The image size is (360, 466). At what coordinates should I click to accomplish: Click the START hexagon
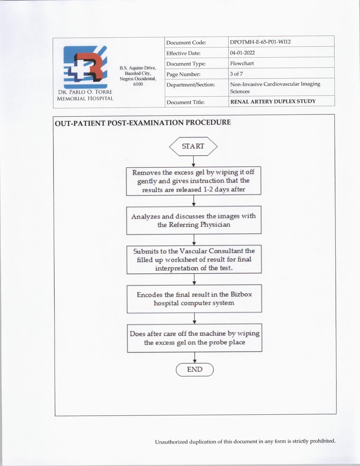[193, 146]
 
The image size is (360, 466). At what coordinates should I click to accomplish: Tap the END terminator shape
[195, 369]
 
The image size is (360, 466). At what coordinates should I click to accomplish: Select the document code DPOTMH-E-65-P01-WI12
[260, 42]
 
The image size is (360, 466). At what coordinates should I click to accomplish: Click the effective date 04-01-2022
[242, 53]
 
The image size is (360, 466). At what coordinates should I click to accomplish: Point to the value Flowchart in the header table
[242, 63]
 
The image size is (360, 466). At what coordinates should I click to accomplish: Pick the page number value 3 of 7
[236, 74]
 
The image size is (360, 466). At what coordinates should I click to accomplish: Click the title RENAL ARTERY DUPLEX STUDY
[273, 101]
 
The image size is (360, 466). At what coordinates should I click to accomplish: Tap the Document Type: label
[186, 64]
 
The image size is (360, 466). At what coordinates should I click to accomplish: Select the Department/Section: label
[191, 85]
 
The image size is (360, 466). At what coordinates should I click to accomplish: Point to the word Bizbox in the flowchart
[241, 294]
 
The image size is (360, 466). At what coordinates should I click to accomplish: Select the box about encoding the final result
[194, 299]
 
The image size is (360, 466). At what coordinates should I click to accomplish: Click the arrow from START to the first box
[193, 161]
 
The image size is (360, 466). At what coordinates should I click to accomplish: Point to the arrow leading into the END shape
[195, 357]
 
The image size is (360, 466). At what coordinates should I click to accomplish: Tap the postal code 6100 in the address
[138, 84]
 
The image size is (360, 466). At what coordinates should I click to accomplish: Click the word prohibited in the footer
[322, 441]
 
